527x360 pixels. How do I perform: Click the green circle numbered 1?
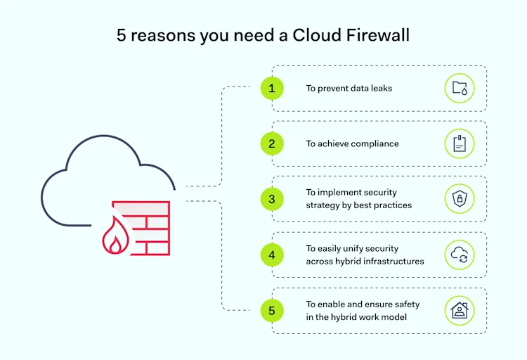click(272, 89)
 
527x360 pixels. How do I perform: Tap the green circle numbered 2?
click(272, 143)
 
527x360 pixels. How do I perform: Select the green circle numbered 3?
click(272, 199)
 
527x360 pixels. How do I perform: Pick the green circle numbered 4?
click(272, 255)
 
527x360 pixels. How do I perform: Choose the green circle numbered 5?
click(272, 310)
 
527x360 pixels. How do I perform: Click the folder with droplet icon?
click(460, 89)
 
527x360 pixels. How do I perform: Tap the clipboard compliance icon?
click(460, 143)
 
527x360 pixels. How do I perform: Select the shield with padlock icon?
click(460, 199)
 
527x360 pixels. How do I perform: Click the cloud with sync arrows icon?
click(460, 255)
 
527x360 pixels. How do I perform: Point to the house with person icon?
click(460, 310)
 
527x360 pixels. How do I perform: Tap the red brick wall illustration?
click(150, 229)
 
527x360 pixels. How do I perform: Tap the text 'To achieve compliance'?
click(352, 143)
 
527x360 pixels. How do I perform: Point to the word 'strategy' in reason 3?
click(322, 205)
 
